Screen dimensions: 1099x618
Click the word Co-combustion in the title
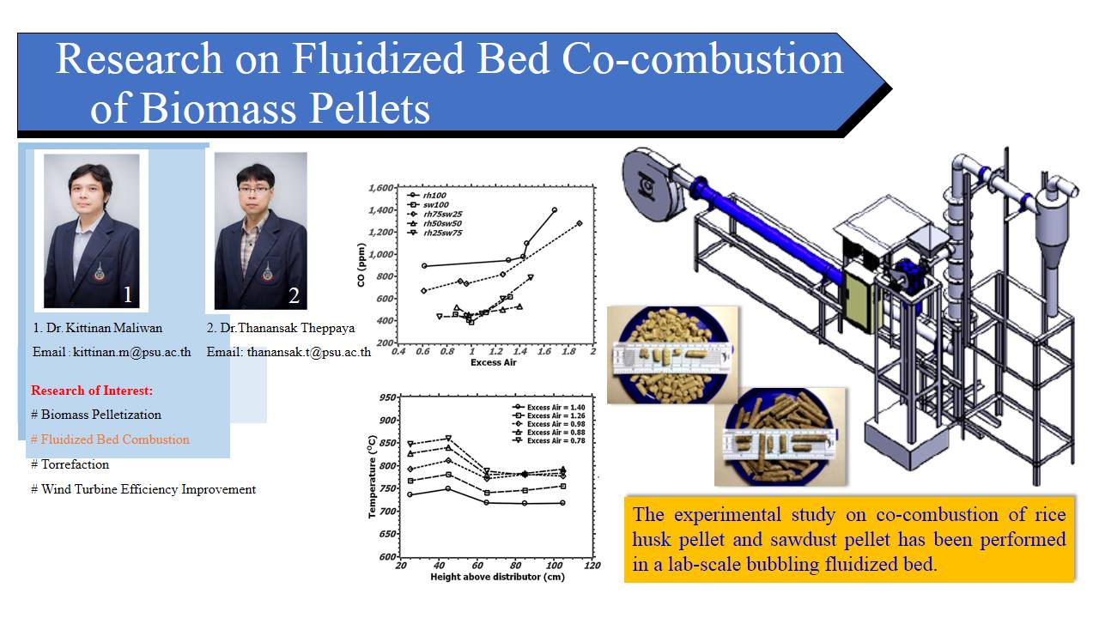[x=702, y=59]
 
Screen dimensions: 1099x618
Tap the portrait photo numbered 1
[x=91, y=231]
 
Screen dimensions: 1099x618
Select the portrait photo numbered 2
[x=260, y=231]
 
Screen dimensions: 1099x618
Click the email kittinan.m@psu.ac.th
[x=132, y=352]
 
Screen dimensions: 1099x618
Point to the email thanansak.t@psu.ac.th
[x=308, y=352]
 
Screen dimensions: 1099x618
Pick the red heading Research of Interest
[x=92, y=391]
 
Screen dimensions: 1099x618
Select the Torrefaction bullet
[x=70, y=464]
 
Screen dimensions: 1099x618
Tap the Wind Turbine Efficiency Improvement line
[x=143, y=489]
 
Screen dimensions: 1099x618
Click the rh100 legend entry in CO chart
[x=427, y=195]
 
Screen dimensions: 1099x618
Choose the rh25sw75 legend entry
[x=434, y=233]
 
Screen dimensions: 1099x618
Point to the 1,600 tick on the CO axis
[x=381, y=188]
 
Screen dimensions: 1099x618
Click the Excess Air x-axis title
[x=493, y=362]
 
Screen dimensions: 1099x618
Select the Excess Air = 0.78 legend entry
[x=549, y=441]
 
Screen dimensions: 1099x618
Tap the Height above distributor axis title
[x=497, y=577]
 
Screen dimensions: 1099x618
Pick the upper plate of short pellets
[x=672, y=355]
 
